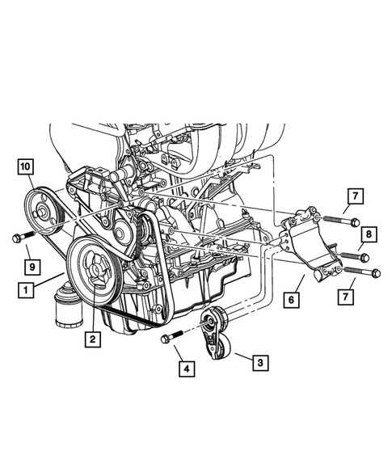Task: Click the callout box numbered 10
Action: [26, 168]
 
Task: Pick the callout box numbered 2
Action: [95, 340]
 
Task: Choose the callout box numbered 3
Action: [259, 363]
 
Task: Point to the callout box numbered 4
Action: [188, 369]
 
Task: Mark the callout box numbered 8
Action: [368, 235]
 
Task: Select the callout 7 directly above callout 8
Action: [354, 195]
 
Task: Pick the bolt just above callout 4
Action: [171, 339]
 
